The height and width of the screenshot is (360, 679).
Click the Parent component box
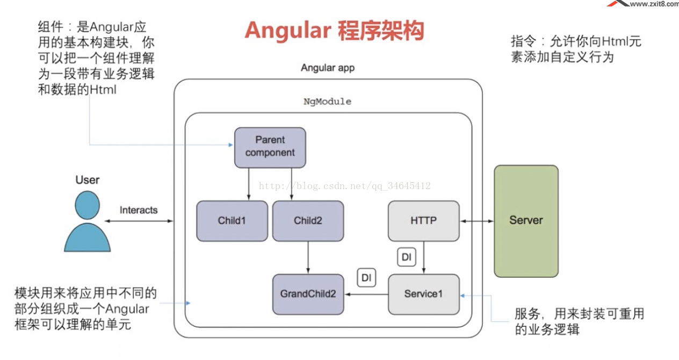pyautogui.click(x=270, y=148)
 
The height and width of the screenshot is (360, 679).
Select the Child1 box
pyautogui.click(x=232, y=221)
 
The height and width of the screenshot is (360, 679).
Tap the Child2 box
pyautogui.click(x=308, y=221)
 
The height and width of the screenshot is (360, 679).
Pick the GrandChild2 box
pyautogui.click(x=308, y=294)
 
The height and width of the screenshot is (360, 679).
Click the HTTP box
pyautogui.click(x=424, y=221)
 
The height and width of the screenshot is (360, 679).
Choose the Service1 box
pyautogui.click(x=424, y=294)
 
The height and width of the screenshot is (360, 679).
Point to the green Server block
pyautogui.click(x=526, y=221)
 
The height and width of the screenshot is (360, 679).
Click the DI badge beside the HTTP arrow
pyautogui.click(x=407, y=257)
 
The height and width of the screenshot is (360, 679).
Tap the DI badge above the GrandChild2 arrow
pyautogui.click(x=366, y=277)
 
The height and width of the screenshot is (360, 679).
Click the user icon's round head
pyautogui.click(x=88, y=205)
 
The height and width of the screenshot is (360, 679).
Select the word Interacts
pyautogui.click(x=139, y=210)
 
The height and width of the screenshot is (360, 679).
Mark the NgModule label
pyautogui.click(x=327, y=102)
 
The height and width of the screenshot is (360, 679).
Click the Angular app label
pyautogui.click(x=328, y=68)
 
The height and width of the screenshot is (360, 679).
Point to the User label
pyautogui.click(x=88, y=180)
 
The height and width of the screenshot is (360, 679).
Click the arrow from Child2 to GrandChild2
pyautogui.click(x=308, y=257)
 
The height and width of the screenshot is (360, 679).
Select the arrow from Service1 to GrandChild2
pyautogui.click(x=366, y=294)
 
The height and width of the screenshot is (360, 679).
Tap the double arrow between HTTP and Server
pyautogui.click(x=477, y=221)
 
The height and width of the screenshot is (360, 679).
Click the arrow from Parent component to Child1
pyautogui.click(x=249, y=184)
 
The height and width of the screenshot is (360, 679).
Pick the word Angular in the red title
pyautogui.click(x=288, y=31)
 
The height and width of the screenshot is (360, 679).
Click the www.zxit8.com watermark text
pyautogui.click(x=654, y=4)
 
